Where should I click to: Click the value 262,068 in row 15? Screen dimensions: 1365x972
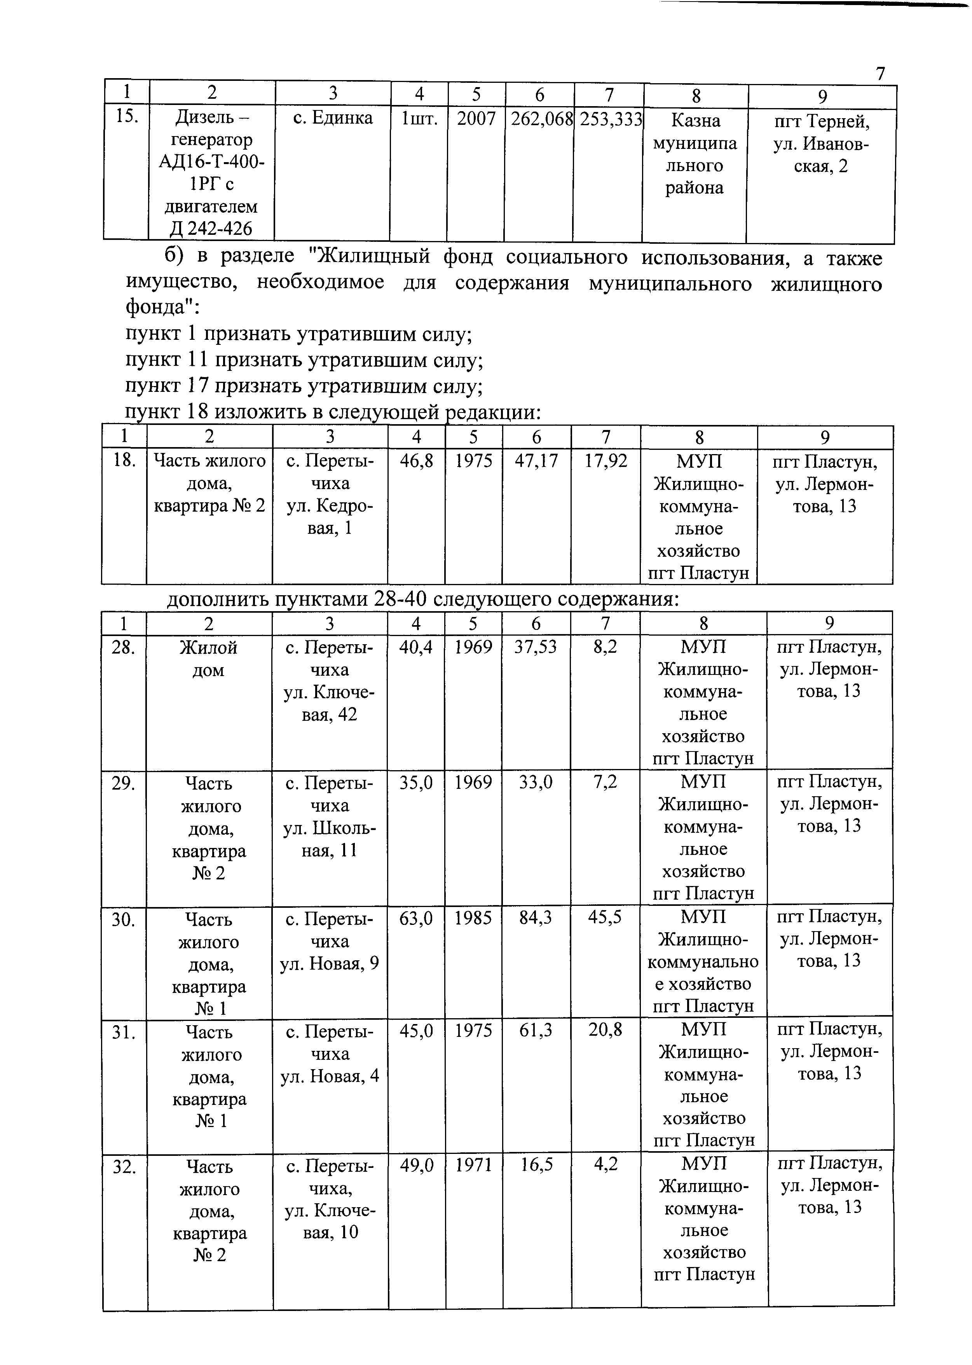tap(541, 119)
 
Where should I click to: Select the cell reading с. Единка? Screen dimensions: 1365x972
tap(333, 118)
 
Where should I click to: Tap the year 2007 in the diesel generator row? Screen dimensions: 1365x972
tap(476, 119)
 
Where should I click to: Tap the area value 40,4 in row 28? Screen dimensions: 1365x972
tap(416, 647)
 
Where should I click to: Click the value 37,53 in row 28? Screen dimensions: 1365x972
tap(536, 647)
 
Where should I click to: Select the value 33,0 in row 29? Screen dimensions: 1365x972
tap(536, 783)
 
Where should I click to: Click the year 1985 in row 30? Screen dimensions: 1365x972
tap(473, 918)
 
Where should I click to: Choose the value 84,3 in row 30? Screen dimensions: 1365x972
tap(536, 918)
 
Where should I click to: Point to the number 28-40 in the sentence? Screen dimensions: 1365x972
tap(399, 599)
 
